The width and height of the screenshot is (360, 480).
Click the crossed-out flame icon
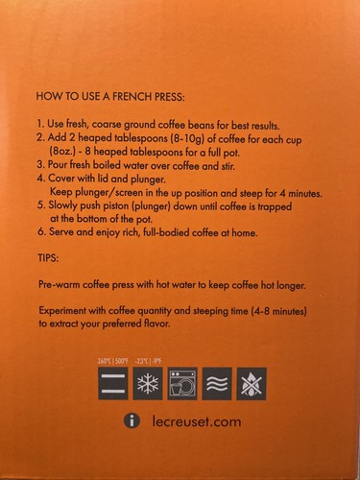(252, 384)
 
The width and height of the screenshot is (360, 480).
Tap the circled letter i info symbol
(132, 421)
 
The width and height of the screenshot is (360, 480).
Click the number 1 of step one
(36, 125)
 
